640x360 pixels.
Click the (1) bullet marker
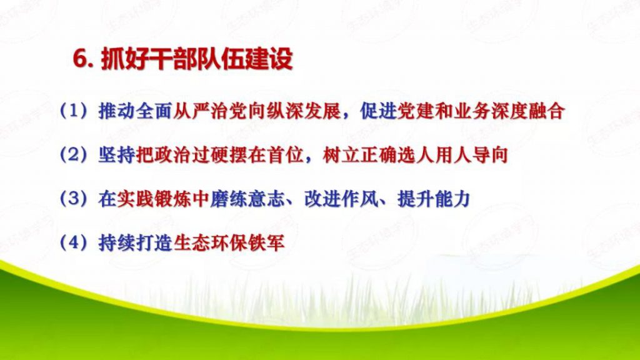74,111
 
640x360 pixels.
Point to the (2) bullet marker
74,155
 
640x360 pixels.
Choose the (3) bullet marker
74,199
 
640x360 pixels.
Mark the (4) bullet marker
74,243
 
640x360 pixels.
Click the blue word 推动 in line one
116,111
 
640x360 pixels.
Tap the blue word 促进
379,111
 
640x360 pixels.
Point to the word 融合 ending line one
547,111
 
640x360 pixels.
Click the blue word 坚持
116,155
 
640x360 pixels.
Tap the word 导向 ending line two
491,155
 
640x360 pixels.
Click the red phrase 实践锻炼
154,199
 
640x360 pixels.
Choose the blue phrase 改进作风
341,199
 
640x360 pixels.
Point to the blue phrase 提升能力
434,199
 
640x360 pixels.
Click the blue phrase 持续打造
135,243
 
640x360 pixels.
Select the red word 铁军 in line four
266,243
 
